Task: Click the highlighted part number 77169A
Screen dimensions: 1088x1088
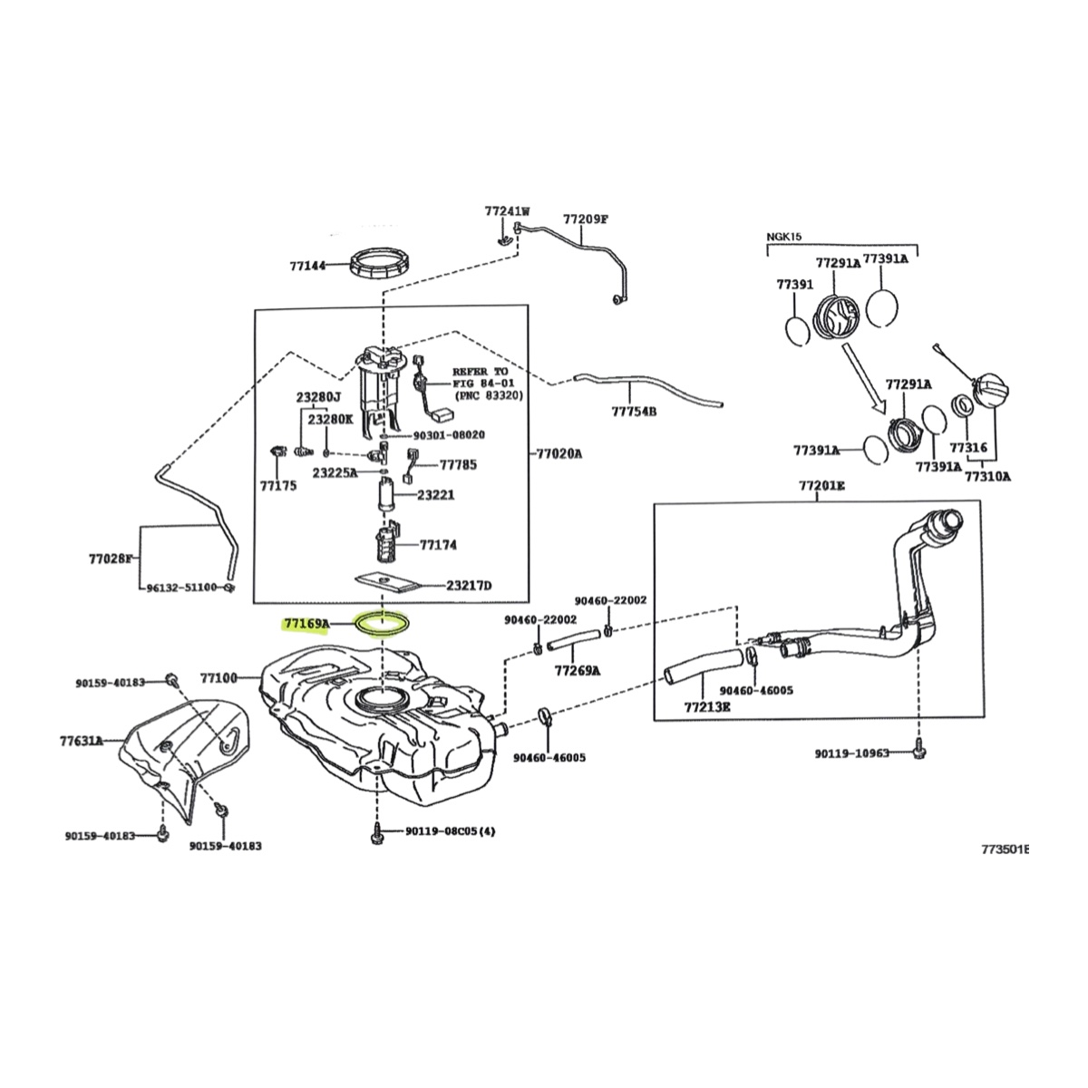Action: (x=306, y=624)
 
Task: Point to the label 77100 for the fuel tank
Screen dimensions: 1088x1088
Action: (x=219, y=677)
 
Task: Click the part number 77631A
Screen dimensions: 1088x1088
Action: (x=82, y=741)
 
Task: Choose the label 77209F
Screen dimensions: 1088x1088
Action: (x=585, y=219)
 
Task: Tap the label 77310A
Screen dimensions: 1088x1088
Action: (x=987, y=474)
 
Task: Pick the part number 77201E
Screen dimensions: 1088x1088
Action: (x=821, y=486)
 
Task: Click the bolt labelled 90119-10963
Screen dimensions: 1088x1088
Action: (x=918, y=752)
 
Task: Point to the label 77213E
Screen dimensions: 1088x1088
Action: (x=707, y=704)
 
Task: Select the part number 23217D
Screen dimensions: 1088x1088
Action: (x=469, y=585)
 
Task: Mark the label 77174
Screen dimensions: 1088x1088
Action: (x=438, y=545)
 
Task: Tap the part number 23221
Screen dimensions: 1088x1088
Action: (x=435, y=495)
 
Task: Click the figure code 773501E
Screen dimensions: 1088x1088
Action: (x=1005, y=850)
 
